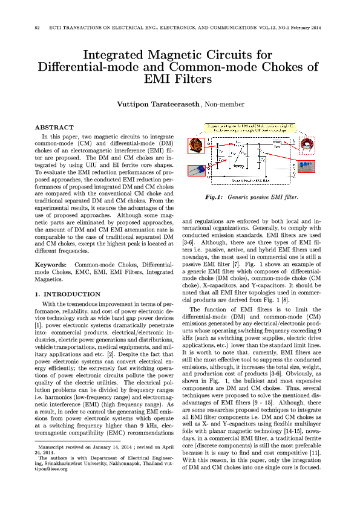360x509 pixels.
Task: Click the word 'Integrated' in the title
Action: tap(117, 55)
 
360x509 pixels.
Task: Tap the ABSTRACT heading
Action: tap(54, 128)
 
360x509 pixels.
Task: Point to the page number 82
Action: tap(38, 28)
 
